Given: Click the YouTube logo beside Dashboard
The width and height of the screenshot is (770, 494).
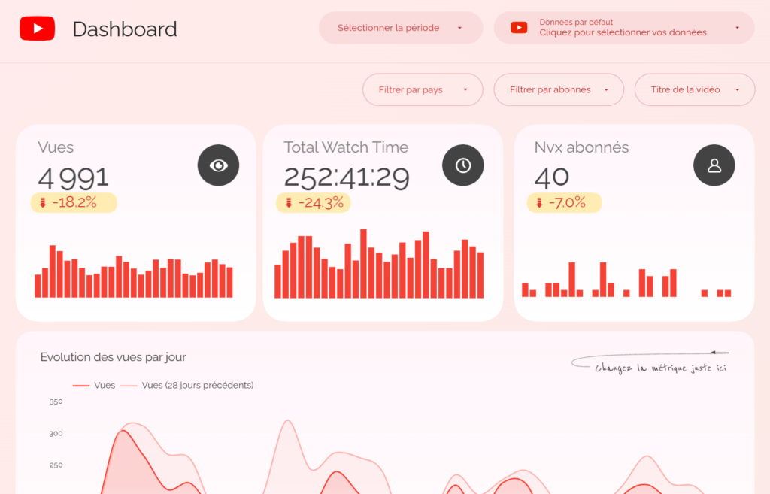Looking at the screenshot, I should [37, 29].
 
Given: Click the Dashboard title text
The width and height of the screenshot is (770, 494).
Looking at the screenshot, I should [125, 29].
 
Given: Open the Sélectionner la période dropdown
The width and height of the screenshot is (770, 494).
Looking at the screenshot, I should [400, 28].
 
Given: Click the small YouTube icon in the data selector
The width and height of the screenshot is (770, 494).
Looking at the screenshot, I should [519, 28].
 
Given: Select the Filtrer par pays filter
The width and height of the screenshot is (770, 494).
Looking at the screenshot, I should [422, 90].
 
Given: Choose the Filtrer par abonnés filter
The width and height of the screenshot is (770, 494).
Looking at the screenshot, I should [558, 90].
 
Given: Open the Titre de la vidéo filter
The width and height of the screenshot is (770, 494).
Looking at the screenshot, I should [694, 90].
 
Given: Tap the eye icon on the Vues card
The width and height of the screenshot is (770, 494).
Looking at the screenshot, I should [218, 165].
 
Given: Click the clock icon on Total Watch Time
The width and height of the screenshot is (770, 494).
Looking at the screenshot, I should [463, 165].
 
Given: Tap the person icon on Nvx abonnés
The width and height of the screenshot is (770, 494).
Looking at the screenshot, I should [714, 165].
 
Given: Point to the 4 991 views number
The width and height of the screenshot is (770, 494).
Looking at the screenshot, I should [74, 178].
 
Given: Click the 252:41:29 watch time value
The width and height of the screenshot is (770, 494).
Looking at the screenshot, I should [347, 178].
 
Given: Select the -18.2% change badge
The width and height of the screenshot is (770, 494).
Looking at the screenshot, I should [74, 202].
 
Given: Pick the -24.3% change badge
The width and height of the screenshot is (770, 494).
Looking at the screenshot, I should [313, 202].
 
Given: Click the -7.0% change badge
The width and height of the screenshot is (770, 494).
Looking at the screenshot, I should [564, 202].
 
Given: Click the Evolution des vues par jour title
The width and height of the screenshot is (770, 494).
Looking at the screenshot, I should [114, 357].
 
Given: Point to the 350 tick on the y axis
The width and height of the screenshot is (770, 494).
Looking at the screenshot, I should [56, 402].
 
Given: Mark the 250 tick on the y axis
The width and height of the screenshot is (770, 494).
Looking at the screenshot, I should [56, 465].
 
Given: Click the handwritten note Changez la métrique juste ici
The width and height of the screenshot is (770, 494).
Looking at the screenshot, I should [660, 368].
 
